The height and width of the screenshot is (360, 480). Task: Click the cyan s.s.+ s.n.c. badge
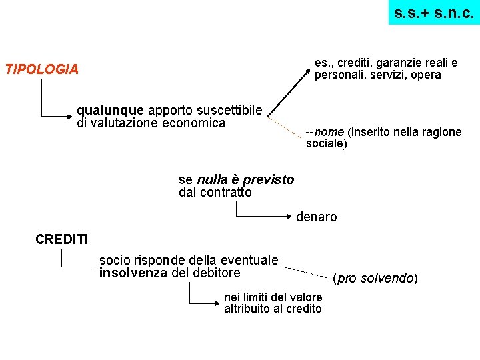point(434,13)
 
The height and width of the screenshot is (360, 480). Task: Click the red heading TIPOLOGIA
point(41,69)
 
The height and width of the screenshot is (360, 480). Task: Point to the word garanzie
point(398,63)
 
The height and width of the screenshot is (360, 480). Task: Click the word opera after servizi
point(426,75)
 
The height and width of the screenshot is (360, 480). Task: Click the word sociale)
point(327,144)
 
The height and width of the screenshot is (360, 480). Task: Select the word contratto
point(226,193)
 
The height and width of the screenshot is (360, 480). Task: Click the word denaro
point(317,217)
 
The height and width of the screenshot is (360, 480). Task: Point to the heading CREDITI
point(61,239)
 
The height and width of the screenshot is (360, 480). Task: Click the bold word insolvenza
point(133,273)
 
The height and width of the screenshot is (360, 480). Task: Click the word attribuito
point(248,309)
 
